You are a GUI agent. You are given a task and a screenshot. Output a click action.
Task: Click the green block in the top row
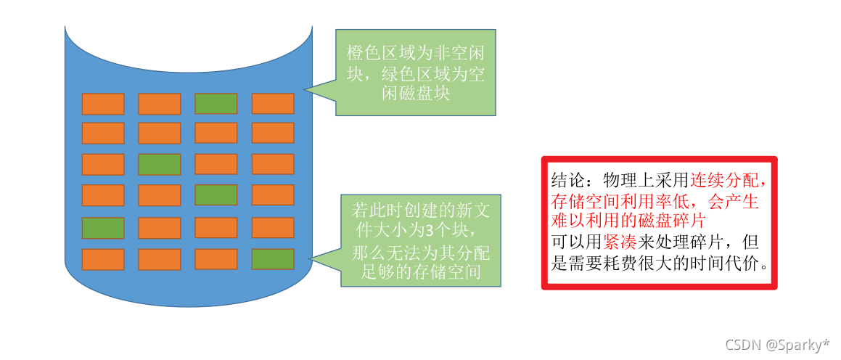point(216,104)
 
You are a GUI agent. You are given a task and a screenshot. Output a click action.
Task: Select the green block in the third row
point(159,165)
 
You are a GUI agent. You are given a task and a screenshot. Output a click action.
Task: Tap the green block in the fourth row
point(216,195)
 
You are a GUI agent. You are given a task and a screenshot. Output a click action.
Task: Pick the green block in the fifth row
point(102,228)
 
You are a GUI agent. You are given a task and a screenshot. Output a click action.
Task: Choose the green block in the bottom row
point(272,259)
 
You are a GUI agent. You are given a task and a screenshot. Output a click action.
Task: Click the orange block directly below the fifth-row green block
point(102,259)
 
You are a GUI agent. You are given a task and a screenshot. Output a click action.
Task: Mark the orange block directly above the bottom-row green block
point(272,228)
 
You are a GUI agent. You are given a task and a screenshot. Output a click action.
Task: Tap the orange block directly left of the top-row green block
point(159,104)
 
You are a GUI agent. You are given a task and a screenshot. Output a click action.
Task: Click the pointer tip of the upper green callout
point(305,91)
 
